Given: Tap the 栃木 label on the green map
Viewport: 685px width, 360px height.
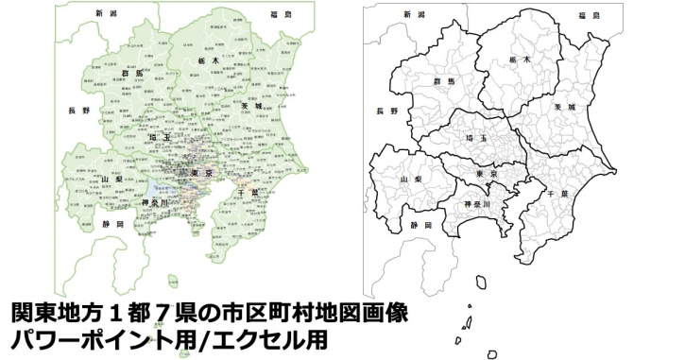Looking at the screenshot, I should (209, 60).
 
